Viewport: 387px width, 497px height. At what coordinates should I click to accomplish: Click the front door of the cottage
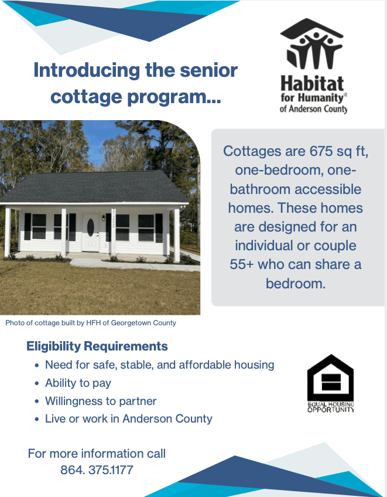coord(91,232)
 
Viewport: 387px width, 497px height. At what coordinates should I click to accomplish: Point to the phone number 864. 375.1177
coord(97,469)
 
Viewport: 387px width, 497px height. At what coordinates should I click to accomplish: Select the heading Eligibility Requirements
coord(97,346)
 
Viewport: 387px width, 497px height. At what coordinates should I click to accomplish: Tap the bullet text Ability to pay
coord(78,383)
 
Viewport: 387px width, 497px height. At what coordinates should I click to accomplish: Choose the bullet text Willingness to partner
coord(101,401)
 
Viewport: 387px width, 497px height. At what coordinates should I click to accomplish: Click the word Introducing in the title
coord(87,71)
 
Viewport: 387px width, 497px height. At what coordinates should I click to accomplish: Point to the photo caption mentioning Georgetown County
coord(91,323)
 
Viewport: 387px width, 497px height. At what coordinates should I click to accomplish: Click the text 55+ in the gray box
coord(242,264)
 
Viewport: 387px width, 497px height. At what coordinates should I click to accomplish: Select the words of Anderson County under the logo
coord(313,109)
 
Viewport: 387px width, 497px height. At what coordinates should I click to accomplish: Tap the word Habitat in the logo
coord(312,84)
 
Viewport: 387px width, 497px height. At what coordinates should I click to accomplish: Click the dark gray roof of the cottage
coord(94,187)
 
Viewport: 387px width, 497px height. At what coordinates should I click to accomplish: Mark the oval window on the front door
coord(91,226)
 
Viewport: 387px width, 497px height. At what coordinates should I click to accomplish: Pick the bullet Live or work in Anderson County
coord(129,418)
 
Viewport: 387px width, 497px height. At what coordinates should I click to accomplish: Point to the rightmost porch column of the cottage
coord(177,235)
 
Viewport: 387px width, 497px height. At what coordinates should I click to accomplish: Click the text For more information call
coord(97,454)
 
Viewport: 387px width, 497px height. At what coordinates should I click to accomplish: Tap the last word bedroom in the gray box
coord(296,283)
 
